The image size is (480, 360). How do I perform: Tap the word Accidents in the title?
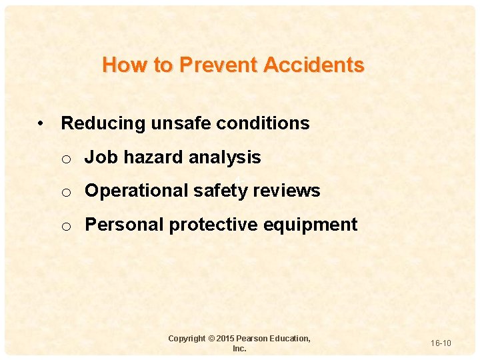coord(314,65)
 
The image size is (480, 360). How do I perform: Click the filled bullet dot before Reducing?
coord(41,124)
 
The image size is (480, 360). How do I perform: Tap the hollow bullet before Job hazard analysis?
coord(66,159)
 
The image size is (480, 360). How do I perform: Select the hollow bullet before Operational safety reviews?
coord(66,192)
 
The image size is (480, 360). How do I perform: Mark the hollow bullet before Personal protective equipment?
coord(66,226)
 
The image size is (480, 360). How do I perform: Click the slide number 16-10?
coord(441,343)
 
